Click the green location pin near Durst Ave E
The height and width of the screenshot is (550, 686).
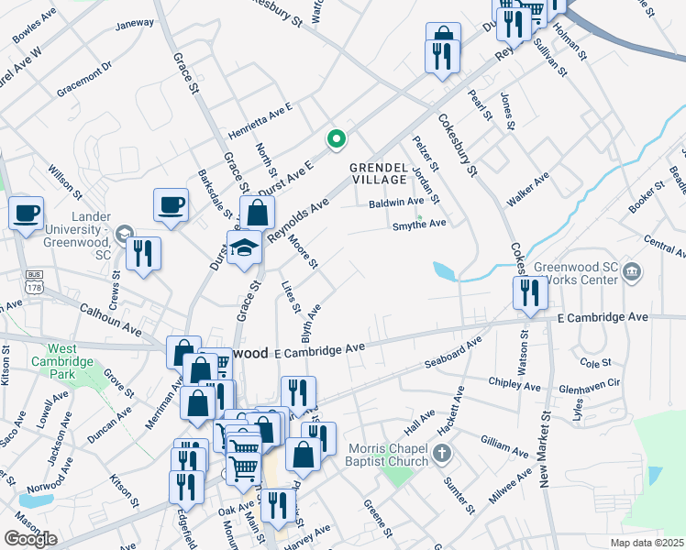tap(337, 139)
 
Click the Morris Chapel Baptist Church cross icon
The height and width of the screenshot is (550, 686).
tap(442, 452)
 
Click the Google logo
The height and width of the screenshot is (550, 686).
tap(30, 539)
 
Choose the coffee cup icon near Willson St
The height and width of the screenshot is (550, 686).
tap(26, 214)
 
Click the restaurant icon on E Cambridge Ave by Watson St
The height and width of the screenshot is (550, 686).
tap(530, 293)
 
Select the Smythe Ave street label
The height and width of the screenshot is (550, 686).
tap(418, 224)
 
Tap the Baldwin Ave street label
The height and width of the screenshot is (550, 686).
tap(396, 202)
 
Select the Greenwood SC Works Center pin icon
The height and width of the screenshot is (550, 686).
tap(632, 271)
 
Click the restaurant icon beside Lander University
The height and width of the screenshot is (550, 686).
tap(143, 254)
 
